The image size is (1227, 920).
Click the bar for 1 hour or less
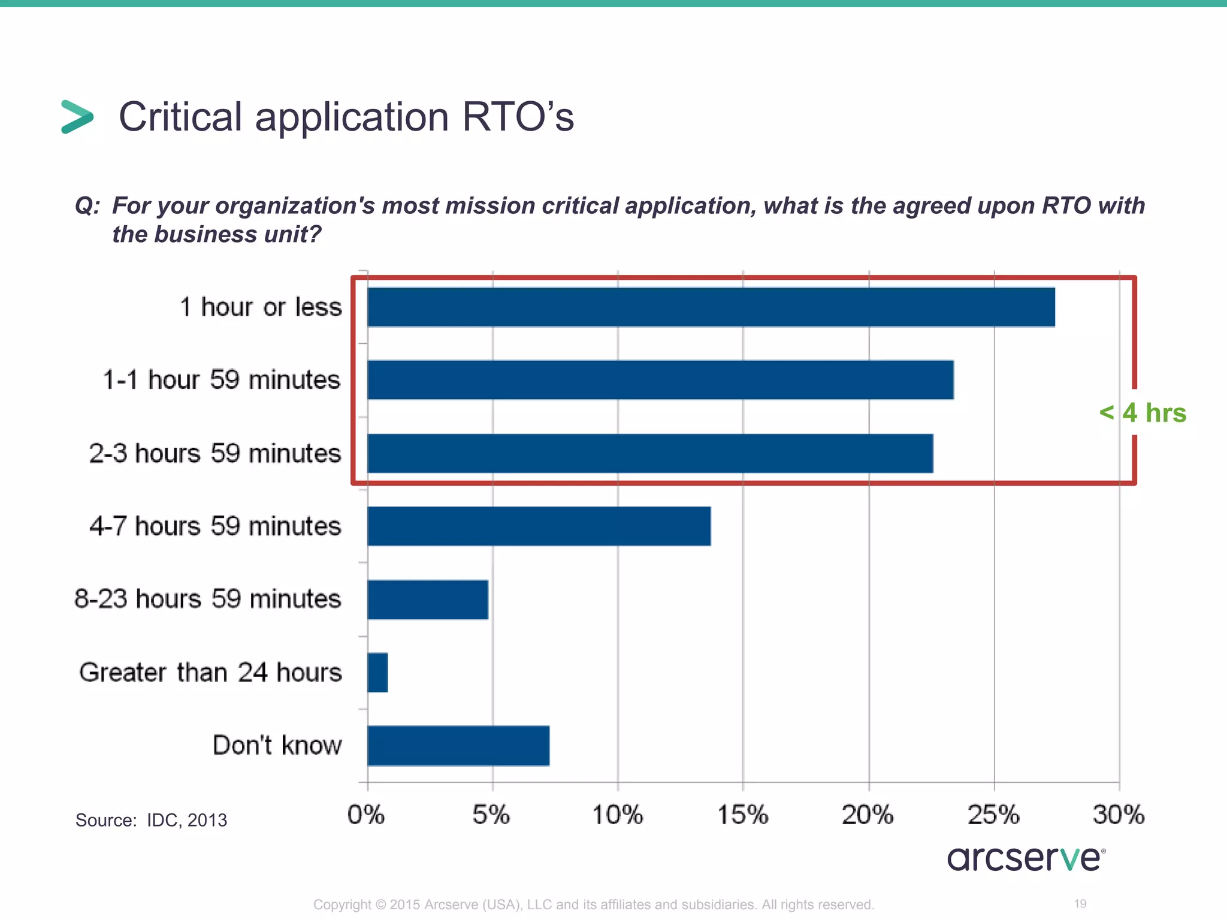click(x=711, y=307)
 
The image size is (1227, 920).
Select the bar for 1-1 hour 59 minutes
click(x=660, y=380)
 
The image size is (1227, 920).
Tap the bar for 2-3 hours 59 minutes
click(x=650, y=453)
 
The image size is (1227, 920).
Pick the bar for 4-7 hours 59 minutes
click(x=539, y=526)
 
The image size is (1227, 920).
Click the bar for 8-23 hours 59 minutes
click(x=428, y=600)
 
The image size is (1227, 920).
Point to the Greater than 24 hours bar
click(x=377, y=673)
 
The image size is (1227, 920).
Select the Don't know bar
click(x=458, y=746)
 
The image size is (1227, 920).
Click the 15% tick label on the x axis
click(x=743, y=815)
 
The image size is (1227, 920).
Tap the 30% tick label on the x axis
click(x=1119, y=815)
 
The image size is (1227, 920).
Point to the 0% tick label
click(x=366, y=815)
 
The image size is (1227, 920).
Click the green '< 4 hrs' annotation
click(x=1143, y=413)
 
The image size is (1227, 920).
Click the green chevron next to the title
click(x=77, y=117)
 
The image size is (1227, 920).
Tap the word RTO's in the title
click(x=518, y=117)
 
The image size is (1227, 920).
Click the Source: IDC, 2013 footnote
click(x=151, y=820)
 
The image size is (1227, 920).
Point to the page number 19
click(x=1080, y=904)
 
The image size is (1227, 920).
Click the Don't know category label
click(x=277, y=746)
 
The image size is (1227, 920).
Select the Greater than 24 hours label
click(x=210, y=673)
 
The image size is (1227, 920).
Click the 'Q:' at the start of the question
click(x=87, y=206)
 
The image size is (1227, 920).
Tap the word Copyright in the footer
click(x=342, y=904)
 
